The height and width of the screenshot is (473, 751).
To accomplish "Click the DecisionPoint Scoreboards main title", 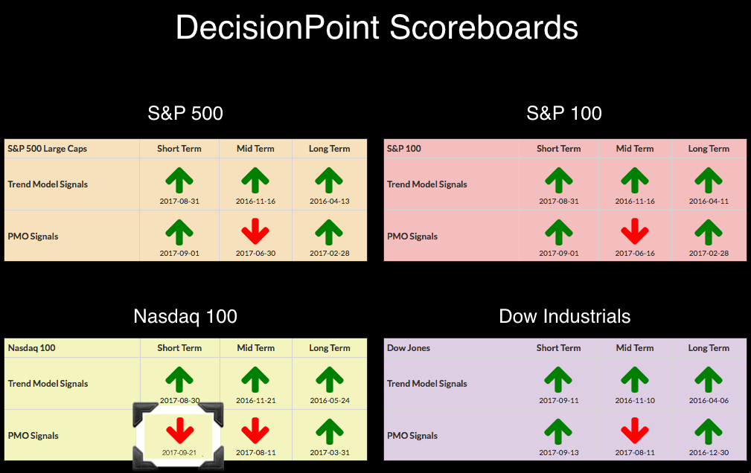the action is (377, 28).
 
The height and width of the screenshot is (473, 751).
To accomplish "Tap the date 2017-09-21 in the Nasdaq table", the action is (179, 452).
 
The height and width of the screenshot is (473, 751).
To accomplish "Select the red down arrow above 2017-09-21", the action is (179, 431).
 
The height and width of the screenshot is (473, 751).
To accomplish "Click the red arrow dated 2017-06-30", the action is (255, 231).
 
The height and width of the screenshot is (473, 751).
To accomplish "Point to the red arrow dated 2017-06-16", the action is (635, 231).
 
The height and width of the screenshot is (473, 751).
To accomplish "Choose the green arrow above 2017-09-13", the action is (558, 431).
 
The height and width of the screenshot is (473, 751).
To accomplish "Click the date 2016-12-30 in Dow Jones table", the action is (709, 452).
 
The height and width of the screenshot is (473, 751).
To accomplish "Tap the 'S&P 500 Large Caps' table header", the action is (48, 149).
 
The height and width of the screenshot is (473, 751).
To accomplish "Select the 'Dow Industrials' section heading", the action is (565, 317).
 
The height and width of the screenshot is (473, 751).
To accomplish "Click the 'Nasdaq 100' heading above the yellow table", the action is (185, 317).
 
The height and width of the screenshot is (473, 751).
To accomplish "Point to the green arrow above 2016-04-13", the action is (329, 180).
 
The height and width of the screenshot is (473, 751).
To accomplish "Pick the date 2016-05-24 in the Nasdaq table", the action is (330, 400).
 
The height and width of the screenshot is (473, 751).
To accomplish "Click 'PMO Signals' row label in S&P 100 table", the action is (412, 236).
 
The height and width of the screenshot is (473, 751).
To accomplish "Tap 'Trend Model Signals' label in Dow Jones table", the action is (426, 384).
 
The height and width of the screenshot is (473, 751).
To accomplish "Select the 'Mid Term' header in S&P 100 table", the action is (635, 149).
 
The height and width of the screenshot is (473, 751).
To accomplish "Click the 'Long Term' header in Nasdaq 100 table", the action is (330, 348).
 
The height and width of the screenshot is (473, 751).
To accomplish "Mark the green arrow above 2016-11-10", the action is (635, 379).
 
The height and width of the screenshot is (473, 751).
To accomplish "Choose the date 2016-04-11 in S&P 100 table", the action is (709, 201).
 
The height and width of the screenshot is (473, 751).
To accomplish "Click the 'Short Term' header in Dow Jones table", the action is (558, 348).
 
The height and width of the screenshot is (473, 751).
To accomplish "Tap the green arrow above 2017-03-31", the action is (330, 431).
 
